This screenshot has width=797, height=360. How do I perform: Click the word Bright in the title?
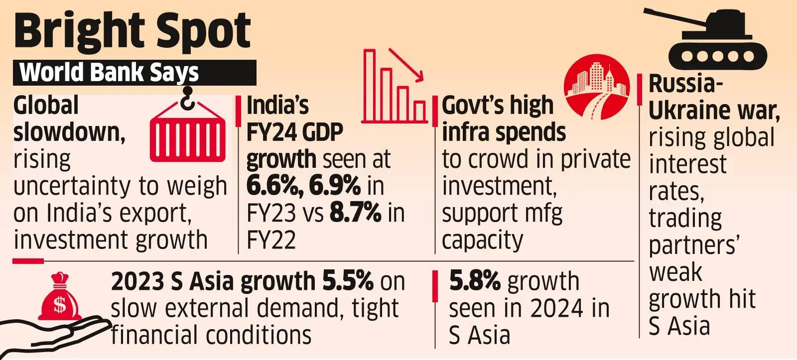pyautogui.click(x=75, y=31)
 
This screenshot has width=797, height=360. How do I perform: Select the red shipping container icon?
pyautogui.click(x=187, y=135)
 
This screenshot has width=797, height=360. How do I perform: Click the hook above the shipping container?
pyautogui.click(x=187, y=98)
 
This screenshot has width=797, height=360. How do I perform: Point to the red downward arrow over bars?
pyautogui.click(x=406, y=65)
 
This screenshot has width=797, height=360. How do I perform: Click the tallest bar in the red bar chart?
pyautogui.click(x=369, y=85)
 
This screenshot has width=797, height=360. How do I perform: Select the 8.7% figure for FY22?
pyautogui.click(x=356, y=213)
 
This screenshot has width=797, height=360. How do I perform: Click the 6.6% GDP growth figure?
pyautogui.click(x=275, y=186)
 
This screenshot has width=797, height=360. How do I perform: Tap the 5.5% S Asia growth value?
pyautogui.click(x=348, y=281)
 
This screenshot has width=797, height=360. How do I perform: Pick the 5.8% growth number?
pyautogui.click(x=474, y=281)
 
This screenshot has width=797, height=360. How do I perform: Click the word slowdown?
pyautogui.click(x=69, y=133)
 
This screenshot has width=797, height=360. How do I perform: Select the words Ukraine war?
pyautogui.click(x=713, y=111)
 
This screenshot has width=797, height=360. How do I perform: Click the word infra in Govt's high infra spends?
pyautogui.click(x=466, y=133)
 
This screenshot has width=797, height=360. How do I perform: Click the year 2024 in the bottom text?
pyautogui.click(x=556, y=308)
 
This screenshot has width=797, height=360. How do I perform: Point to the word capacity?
pyautogui.click(x=482, y=240)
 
